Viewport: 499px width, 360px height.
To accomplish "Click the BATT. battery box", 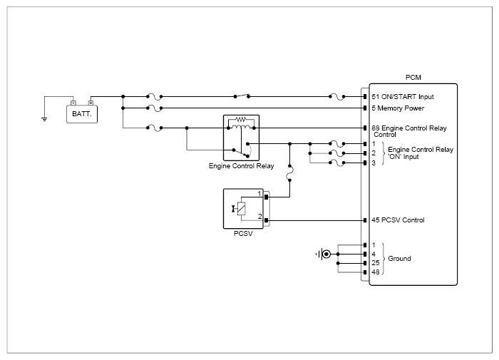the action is tap(82, 114).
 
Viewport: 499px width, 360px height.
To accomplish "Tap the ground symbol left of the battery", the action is tap(44, 119).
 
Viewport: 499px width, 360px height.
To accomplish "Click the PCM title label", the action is tap(413, 78).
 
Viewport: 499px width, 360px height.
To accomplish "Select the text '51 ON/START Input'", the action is tap(403, 97).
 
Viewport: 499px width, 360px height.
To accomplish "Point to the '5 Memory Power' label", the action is tap(398, 108).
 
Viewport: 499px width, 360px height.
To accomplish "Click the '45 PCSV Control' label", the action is tap(398, 220).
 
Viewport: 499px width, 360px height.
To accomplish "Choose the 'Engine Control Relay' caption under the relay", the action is tap(241, 166).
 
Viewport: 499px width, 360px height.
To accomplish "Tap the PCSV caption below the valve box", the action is tap(243, 233).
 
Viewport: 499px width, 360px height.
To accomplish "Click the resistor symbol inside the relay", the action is tap(241, 120).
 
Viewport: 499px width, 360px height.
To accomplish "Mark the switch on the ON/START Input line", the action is tap(242, 96).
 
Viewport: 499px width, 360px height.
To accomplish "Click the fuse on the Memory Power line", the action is tap(155, 108).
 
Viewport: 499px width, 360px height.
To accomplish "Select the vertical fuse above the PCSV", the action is tap(289, 173).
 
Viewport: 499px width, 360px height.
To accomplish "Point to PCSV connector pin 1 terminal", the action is tap(267, 197).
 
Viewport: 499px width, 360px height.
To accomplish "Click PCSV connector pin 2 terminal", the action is tap(267, 220).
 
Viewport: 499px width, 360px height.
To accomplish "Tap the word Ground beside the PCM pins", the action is tap(399, 259).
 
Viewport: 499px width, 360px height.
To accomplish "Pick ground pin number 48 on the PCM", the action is tap(376, 272).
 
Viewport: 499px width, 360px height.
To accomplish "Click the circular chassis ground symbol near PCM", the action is tap(326, 254).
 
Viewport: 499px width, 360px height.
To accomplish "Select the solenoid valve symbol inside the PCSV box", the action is tap(240, 209).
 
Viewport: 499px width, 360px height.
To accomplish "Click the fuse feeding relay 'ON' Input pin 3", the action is tap(336, 163).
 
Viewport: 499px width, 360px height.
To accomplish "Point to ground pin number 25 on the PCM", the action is tap(376, 263).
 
